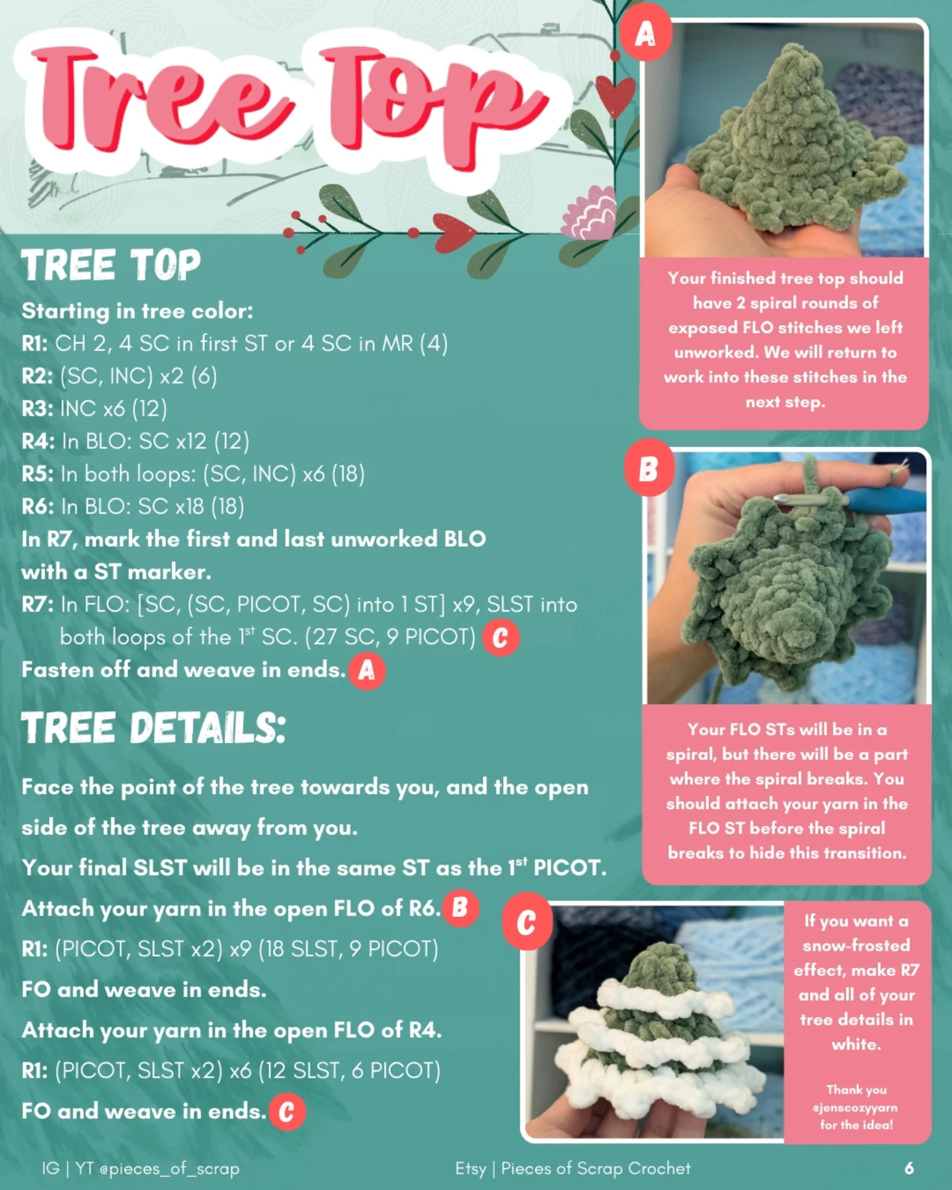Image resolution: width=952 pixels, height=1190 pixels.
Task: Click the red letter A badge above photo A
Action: point(645,32)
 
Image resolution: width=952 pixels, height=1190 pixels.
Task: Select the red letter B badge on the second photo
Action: point(648,469)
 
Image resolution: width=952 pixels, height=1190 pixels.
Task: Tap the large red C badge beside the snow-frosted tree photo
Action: point(526,922)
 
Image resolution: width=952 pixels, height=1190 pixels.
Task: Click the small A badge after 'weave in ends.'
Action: point(366,671)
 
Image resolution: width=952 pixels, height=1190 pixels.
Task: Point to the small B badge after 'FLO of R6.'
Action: point(459,908)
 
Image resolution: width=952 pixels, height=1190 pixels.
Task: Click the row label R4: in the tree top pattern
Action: point(38,441)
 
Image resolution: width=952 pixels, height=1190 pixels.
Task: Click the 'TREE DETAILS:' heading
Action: point(153,729)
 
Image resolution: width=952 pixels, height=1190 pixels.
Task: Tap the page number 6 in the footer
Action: point(909,1168)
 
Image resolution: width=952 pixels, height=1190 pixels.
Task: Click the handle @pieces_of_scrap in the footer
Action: point(169,1168)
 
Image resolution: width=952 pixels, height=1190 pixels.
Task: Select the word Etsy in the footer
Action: point(470,1168)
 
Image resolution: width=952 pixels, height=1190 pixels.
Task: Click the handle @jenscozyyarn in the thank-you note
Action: point(855,1107)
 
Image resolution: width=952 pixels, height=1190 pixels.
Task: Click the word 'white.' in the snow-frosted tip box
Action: point(856,1045)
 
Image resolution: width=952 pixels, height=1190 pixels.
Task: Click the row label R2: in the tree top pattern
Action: point(37,376)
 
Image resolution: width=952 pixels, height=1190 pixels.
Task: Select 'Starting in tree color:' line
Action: point(137,311)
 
